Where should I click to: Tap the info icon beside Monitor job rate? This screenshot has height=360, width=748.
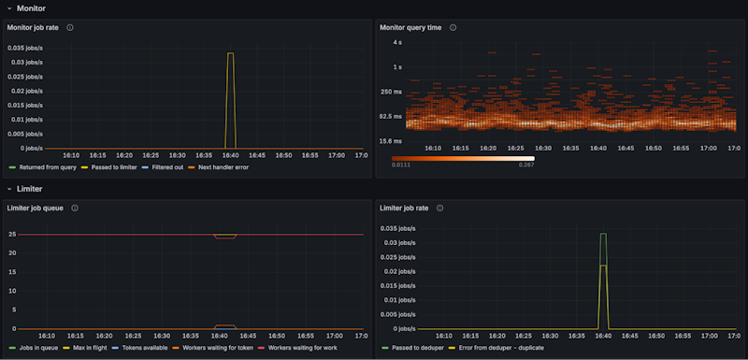(x=70, y=28)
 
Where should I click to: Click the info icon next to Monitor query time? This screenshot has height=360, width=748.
(x=453, y=28)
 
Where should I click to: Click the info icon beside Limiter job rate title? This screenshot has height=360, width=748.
(x=440, y=208)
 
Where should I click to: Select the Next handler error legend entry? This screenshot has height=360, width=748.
(x=224, y=167)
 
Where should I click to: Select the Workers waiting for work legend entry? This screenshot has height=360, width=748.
(x=301, y=348)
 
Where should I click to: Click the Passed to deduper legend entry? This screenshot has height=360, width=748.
(x=415, y=348)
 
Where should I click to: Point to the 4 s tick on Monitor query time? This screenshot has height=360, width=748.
(x=397, y=43)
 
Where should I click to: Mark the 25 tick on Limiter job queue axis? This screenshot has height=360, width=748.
(x=12, y=235)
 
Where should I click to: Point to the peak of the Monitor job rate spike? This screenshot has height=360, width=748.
(x=230, y=53)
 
